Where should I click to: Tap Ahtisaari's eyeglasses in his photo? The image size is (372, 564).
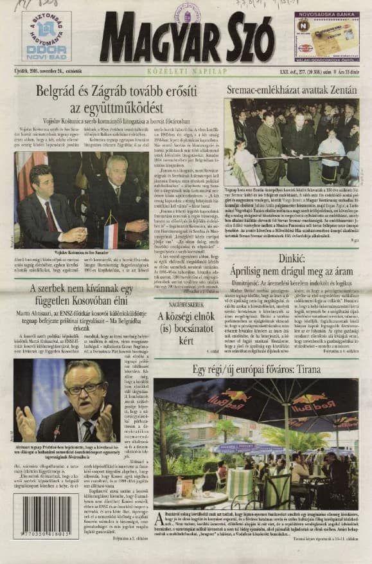coord(84,388)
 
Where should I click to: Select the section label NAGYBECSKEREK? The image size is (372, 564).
coord(186,321)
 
